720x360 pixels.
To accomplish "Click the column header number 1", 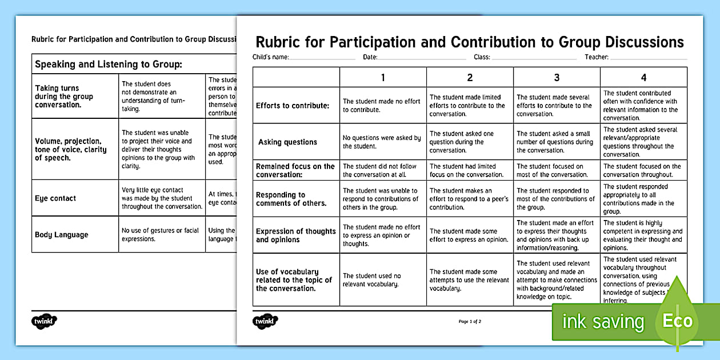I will (x=383, y=77).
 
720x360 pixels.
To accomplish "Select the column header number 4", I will (x=643, y=77).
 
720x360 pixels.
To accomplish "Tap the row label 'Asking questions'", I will (x=287, y=142).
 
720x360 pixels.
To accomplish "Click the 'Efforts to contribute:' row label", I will (x=293, y=106).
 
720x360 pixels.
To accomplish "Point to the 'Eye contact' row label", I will (x=55, y=198).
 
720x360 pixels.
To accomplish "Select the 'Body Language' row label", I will (x=62, y=234).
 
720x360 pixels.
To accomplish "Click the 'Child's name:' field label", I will (x=271, y=57).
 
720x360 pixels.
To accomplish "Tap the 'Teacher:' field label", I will (x=597, y=57).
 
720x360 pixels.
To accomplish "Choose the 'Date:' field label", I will (x=370, y=57).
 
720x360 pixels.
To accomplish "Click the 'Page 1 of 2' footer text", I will (x=470, y=322).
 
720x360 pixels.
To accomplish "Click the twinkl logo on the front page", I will (x=265, y=322).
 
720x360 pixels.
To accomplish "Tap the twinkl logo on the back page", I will (x=44, y=322).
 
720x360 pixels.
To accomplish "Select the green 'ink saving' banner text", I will (x=603, y=322).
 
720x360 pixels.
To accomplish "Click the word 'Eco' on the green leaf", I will (x=677, y=321).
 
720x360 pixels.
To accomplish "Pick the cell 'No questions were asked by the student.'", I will (x=382, y=142).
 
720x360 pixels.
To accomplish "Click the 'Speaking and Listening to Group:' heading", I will (x=109, y=64).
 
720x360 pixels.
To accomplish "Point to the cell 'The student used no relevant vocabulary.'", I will (x=372, y=280).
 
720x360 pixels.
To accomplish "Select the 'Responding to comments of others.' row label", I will (x=291, y=199).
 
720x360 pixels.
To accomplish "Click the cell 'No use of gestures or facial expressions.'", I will (x=160, y=234).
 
